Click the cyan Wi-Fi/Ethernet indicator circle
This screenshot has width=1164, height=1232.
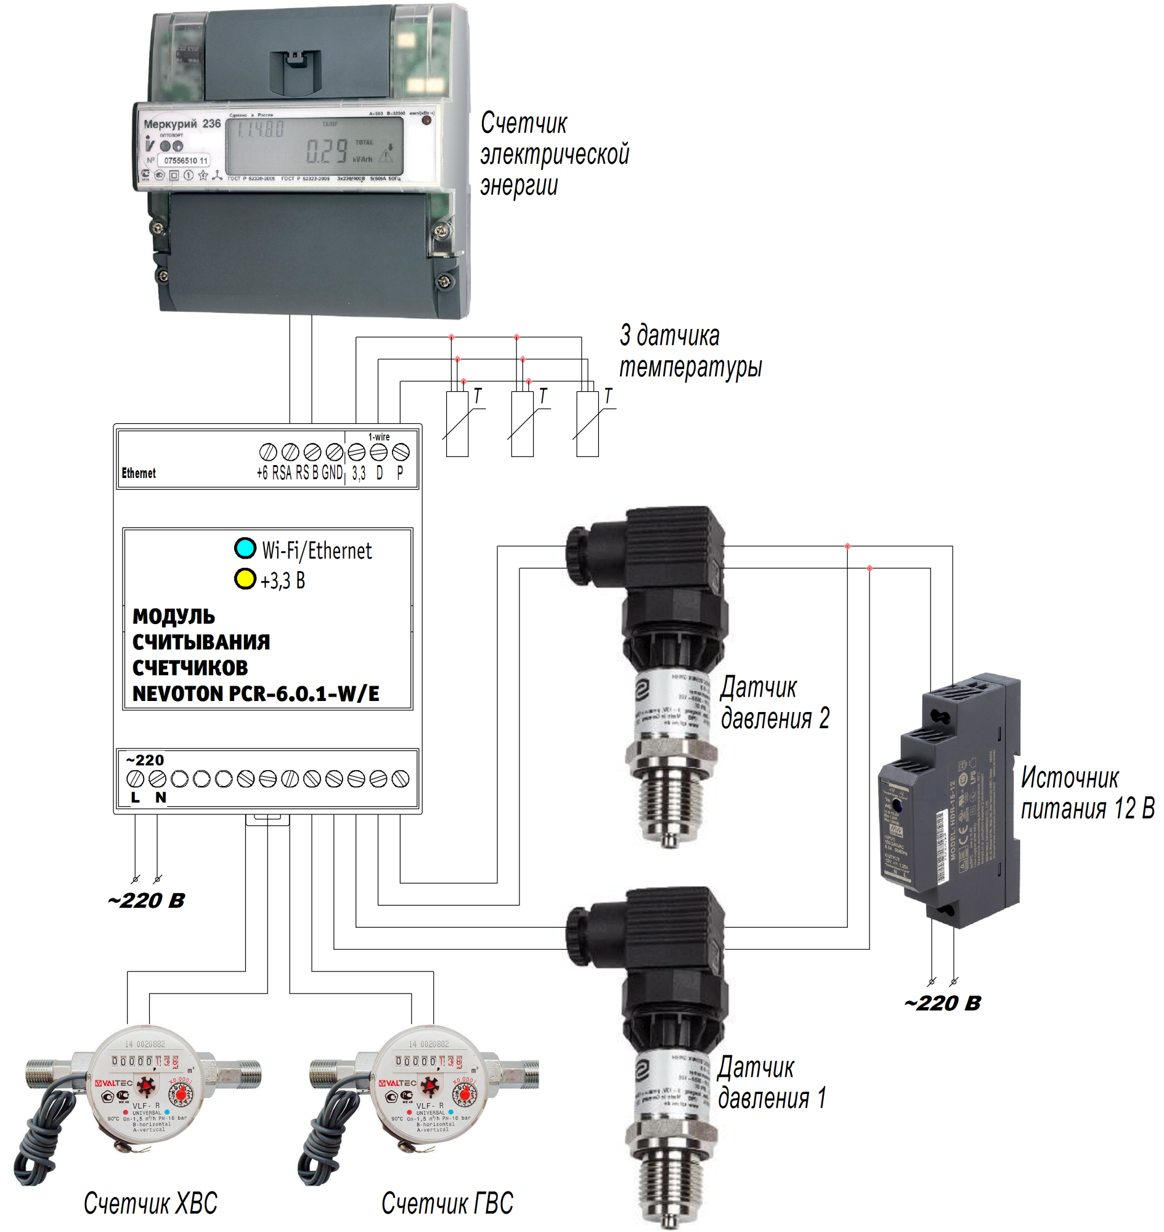pyautogui.click(x=245, y=548)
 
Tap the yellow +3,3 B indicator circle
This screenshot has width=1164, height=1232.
pyautogui.click(x=245, y=579)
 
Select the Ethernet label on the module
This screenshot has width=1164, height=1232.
pyautogui.click(x=139, y=473)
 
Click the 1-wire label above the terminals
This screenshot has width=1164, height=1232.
pyautogui.click(x=379, y=437)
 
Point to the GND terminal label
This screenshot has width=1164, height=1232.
pyautogui.click(x=332, y=472)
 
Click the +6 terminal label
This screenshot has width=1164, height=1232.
pyautogui.click(x=263, y=472)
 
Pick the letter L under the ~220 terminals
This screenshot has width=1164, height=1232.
pyautogui.click(x=136, y=798)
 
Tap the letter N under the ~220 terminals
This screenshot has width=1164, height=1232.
pyautogui.click(x=161, y=798)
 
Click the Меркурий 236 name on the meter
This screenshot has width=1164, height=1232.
pyautogui.click(x=182, y=124)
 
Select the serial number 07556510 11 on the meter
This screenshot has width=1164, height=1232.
pyautogui.click(x=185, y=161)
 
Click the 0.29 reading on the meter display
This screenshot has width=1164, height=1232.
pyautogui.click(x=327, y=151)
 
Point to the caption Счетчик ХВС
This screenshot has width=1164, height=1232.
pyautogui.click(x=151, y=1203)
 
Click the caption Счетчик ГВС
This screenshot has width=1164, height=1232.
pyautogui.click(x=447, y=1203)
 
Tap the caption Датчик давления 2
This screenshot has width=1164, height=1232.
pyautogui.click(x=775, y=702)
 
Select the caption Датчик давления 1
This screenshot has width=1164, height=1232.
pyautogui.click(x=771, y=1082)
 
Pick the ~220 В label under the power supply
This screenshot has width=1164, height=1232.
pyautogui.click(x=943, y=1003)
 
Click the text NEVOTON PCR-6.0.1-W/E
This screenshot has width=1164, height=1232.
pyautogui.click(x=256, y=694)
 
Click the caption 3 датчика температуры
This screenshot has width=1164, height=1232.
pyautogui.click(x=690, y=351)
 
